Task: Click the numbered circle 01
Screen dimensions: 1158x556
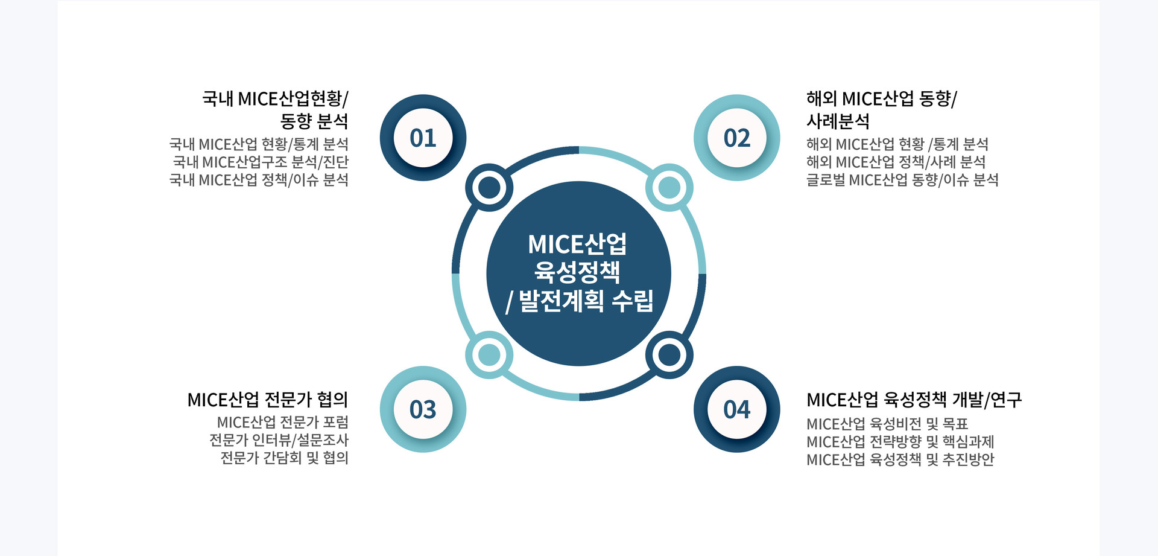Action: click(x=423, y=138)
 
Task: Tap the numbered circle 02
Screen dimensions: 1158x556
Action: click(x=736, y=138)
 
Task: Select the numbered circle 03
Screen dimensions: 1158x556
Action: click(x=423, y=409)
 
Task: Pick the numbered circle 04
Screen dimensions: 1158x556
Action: click(x=736, y=409)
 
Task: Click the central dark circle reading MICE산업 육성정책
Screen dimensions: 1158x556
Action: click(x=578, y=273)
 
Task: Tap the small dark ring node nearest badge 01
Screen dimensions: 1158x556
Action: click(x=489, y=187)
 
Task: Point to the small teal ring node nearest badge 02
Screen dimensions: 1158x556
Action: click(x=669, y=187)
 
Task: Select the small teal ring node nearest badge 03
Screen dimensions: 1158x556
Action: click(x=489, y=355)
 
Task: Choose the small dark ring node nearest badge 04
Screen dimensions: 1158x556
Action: click(x=669, y=355)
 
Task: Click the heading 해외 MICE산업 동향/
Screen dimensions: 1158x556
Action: click(x=881, y=98)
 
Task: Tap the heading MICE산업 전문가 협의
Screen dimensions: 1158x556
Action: click(x=268, y=400)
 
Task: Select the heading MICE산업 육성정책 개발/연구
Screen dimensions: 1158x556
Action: click(x=914, y=400)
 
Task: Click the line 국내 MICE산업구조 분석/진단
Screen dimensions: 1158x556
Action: click(x=261, y=162)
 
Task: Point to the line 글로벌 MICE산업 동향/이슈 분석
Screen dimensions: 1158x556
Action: click(x=902, y=180)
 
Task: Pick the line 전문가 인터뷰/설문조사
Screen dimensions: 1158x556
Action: click(x=279, y=440)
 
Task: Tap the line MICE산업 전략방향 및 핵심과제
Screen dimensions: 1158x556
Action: click(x=900, y=442)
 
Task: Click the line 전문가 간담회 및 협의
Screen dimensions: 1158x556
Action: click(x=284, y=458)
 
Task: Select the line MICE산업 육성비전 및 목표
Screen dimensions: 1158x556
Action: click(x=887, y=424)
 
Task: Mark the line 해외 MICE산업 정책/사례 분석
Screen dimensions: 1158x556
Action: click(x=896, y=162)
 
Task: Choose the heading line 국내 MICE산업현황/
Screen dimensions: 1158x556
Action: click(x=275, y=98)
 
